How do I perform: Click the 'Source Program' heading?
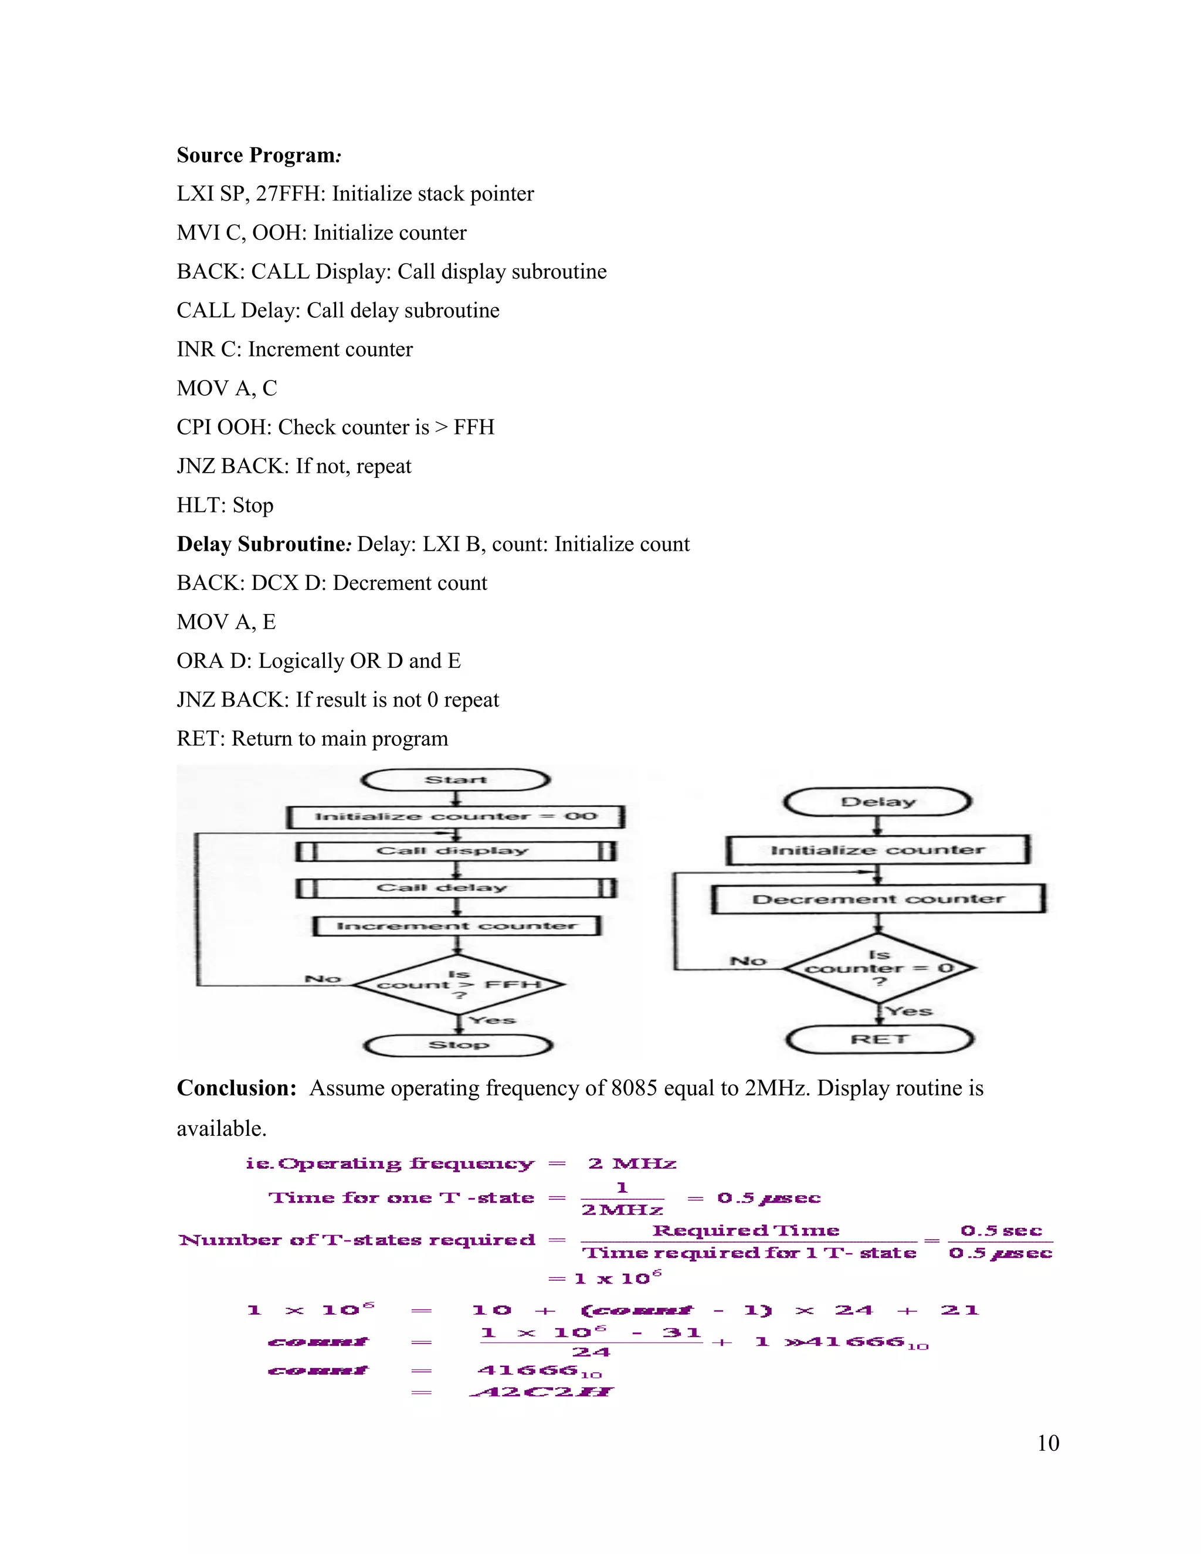(x=258, y=155)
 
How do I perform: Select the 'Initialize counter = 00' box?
(x=455, y=816)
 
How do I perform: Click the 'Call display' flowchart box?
(x=455, y=851)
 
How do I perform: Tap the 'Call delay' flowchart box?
(x=455, y=888)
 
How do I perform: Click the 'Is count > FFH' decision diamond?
(x=459, y=985)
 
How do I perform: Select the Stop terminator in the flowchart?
(x=458, y=1044)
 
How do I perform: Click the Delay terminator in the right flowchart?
(x=877, y=802)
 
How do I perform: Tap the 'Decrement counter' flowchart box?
(x=878, y=898)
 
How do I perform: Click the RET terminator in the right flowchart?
(x=880, y=1040)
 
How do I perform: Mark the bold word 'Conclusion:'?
(x=236, y=1088)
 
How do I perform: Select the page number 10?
(x=1048, y=1443)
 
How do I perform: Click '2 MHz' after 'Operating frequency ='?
(x=632, y=1164)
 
